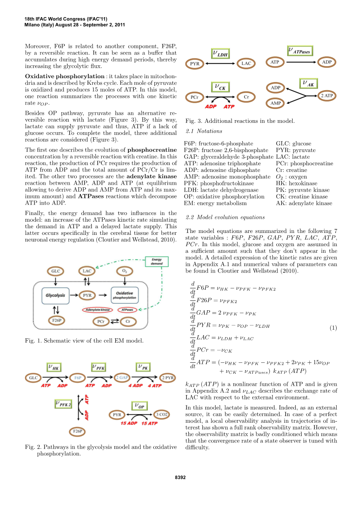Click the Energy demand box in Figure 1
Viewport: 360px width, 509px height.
pyautogui.click(x=156, y=262)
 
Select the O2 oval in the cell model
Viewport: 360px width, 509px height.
pyautogui.click(x=125, y=271)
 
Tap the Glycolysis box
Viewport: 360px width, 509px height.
pyautogui.click(x=56, y=296)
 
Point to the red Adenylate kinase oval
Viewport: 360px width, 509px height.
pyautogui.click(x=97, y=310)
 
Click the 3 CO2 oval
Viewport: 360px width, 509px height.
pyautogui.click(x=162, y=415)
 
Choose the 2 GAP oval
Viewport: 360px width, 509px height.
pyautogui.click(x=122, y=378)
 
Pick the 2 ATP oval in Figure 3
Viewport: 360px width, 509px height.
pyautogui.click(x=327, y=96)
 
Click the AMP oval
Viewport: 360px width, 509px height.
pyautogui.click(x=276, y=103)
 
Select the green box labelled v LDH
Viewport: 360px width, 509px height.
pyautogui.click(x=220, y=54)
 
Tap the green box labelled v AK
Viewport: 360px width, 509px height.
pyautogui.click(x=309, y=84)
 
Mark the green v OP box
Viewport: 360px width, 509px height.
pyautogui.click(x=139, y=406)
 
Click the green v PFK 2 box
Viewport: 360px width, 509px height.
pyautogui.click(x=63, y=404)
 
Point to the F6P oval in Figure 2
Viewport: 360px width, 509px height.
pyautogui.click(x=78, y=378)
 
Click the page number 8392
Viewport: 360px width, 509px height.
pyautogui.click(x=180, y=478)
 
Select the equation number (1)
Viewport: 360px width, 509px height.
pyautogui.click(x=333, y=328)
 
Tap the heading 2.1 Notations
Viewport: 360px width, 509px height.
pyautogui.click(x=204, y=131)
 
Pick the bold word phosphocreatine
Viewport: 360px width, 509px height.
pyautogui.click(x=152, y=150)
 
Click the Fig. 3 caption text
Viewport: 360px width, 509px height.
pyautogui.click(x=240, y=121)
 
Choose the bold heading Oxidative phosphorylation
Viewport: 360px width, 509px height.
pyautogui.click(x=65, y=76)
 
